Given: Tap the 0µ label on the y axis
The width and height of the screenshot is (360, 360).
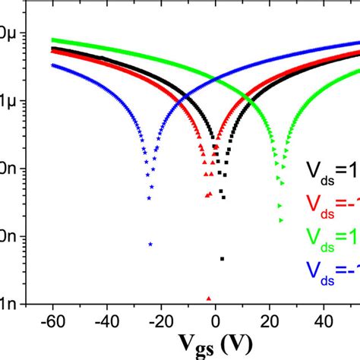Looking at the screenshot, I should point(9,33).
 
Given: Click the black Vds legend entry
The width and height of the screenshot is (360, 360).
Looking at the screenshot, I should point(332,170).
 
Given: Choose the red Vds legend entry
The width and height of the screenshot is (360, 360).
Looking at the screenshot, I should point(332,201).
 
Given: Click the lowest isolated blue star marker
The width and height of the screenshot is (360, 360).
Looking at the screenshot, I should point(150,244).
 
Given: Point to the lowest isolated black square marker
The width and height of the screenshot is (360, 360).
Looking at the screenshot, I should point(222,259).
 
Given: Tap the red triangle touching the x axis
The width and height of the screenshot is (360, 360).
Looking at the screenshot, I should point(208,298).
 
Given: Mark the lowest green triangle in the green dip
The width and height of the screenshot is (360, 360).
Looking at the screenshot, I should point(281,220).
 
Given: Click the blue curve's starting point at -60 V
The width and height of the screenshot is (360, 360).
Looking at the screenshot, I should point(52,65).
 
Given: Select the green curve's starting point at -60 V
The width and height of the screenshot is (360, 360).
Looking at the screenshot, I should point(52,39).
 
